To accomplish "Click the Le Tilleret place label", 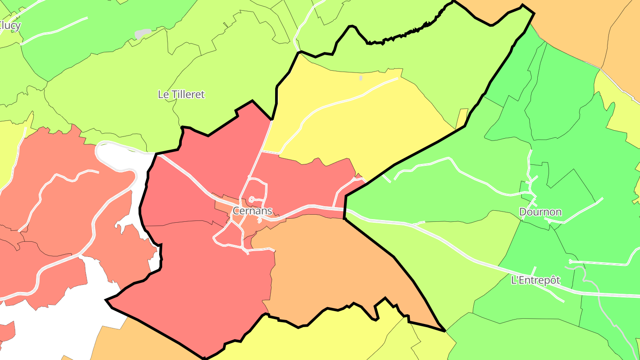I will click(x=181, y=94).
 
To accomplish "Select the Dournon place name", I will click(x=540, y=212).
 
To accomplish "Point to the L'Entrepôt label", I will click(x=536, y=280).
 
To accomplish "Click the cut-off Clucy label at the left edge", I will click(x=10, y=26).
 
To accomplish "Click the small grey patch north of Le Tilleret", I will click(x=143, y=34).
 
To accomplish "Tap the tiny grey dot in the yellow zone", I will click(x=360, y=78).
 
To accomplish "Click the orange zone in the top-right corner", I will click(x=578, y=27).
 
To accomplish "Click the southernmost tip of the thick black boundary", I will click(x=204, y=358).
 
